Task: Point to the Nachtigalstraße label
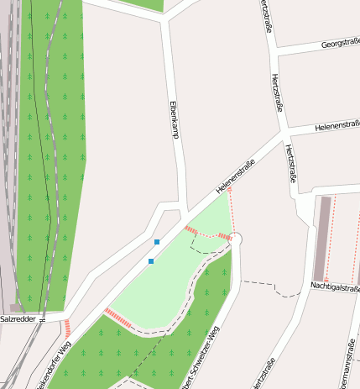(334, 287)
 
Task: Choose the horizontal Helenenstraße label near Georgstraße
(337, 126)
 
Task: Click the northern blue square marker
(156, 242)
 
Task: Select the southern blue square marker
(151, 261)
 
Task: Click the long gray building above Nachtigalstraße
(321, 239)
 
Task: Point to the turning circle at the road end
(236, 240)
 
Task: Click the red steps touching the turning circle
(224, 237)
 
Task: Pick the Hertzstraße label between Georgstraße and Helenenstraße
(276, 92)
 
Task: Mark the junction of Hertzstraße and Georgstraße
(273, 52)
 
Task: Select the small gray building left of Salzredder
(17, 308)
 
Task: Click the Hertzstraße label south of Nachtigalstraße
(263, 374)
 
